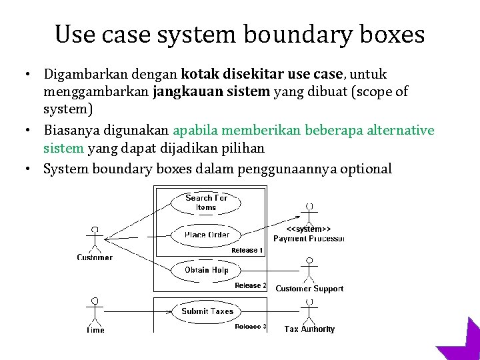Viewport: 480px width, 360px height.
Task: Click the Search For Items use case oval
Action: pos(206,202)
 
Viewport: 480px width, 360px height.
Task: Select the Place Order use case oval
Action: pos(207,235)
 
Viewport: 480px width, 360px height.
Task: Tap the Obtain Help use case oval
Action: pos(207,270)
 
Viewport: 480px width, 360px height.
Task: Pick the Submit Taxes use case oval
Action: pos(207,311)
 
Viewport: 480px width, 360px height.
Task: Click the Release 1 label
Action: pos(247,251)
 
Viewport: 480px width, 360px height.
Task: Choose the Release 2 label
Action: pos(251,286)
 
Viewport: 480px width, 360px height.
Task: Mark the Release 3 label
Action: pos(251,327)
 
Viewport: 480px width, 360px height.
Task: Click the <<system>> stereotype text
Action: pos(309,229)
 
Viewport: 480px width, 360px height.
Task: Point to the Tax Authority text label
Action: pos(309,329)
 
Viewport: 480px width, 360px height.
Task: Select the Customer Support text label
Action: pos(309,289)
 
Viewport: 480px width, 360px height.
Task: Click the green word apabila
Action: pos(197,130)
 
